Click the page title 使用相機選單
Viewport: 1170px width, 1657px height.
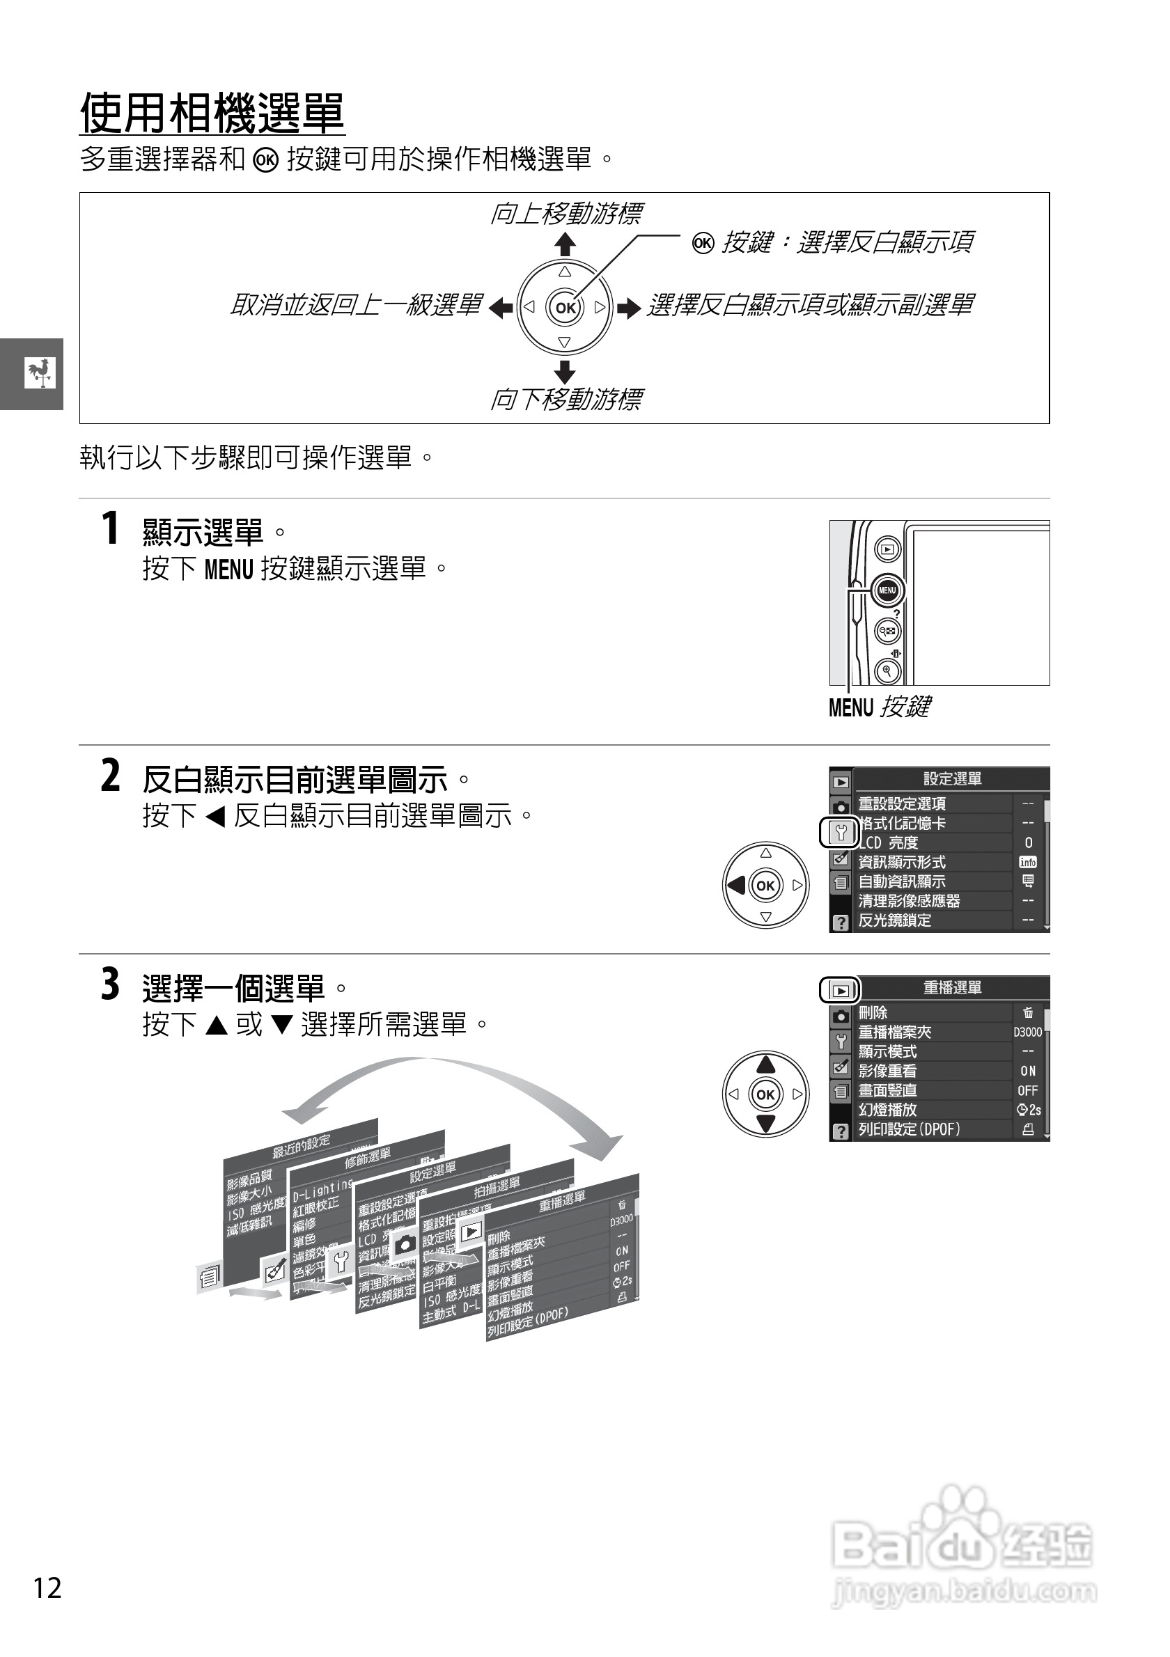click(x=212, y=113)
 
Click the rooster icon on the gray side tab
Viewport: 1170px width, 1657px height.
click(x=40, y=372)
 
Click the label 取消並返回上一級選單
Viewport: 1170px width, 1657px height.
click(x=355, y=305)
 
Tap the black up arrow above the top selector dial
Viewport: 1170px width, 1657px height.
click(x=564, y=244)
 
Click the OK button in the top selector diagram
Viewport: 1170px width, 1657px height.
click(x=565, y=308)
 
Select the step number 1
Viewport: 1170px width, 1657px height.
click(x=110, y=528)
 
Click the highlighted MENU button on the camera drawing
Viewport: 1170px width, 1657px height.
click(x=887, y=590)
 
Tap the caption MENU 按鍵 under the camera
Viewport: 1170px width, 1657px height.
click(x=879, y=707)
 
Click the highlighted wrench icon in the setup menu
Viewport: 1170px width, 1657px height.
click(x=840, y=833)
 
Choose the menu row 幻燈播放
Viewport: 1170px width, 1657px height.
click(x=887, y=1110)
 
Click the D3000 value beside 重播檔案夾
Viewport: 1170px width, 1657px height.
click(x=1027, y=1032)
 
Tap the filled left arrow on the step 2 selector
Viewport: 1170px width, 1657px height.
click(x=737, y=885)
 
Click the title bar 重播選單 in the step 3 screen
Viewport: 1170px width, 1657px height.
click(x=951, y=988)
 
